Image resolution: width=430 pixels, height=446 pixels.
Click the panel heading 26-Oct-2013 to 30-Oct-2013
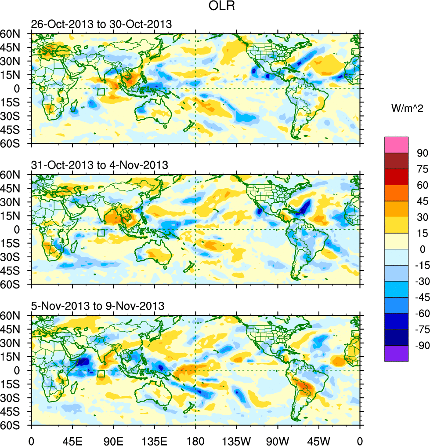[101, 24]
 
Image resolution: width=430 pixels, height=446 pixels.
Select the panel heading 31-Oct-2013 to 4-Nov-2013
[99, 165]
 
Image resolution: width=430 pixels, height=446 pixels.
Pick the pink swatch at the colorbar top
[396, 144]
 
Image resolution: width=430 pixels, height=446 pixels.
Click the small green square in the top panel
[101, 92]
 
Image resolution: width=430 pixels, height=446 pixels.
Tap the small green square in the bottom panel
[101, 374]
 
